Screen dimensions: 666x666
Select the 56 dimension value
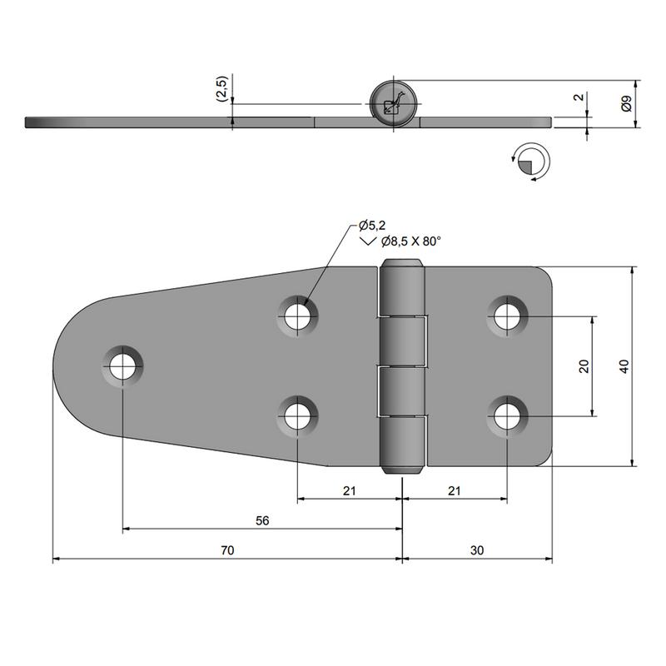tap(262, 520)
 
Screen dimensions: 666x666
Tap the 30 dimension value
tap(476, 550)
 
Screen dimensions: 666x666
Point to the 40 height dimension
tap(624, 366)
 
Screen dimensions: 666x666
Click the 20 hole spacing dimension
tap(584, 366)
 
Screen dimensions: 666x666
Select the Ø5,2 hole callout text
tap(372, 226)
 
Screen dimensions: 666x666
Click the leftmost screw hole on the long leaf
tap(122, 364)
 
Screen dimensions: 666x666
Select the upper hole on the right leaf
tap(506, 316)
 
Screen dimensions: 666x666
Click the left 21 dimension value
tap(349, 491)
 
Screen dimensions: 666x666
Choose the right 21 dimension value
tap(454, 491)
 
